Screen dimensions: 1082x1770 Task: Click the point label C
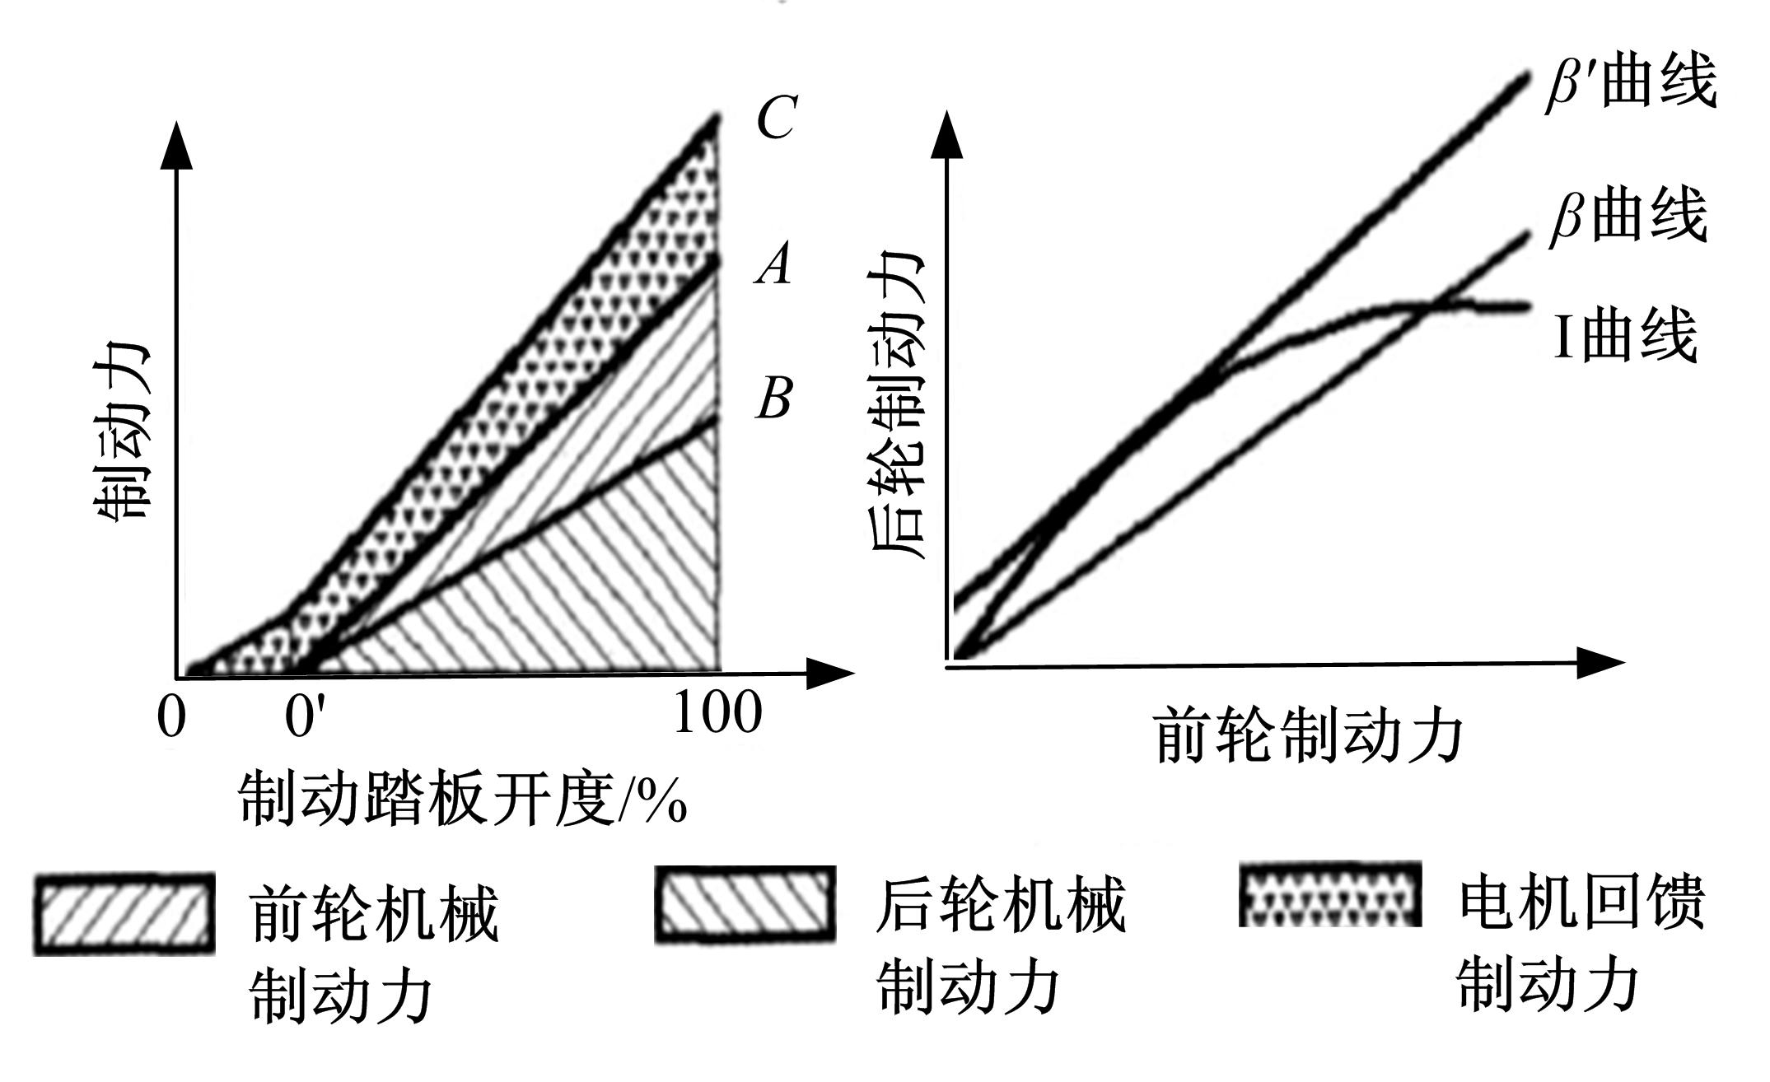tap(775, 118)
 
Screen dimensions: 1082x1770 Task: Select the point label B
tap(773, 399)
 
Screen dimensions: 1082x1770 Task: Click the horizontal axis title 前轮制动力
tap(1310, 736)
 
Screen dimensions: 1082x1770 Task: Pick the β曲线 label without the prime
tap(1628, 217)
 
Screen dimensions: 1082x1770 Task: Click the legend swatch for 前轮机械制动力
tap(124, 914)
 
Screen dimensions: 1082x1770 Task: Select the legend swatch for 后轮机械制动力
tap(745, 904)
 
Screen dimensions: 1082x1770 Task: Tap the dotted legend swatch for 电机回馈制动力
tap(1330, 894)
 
